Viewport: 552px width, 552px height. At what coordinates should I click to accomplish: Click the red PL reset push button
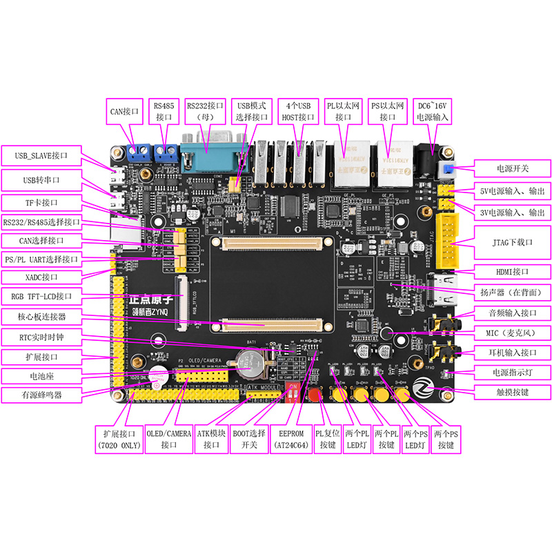pyautogui.click(x=317, y=395)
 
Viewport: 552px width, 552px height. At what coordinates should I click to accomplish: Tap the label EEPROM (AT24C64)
pyautogui.click(x=290, y=440)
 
